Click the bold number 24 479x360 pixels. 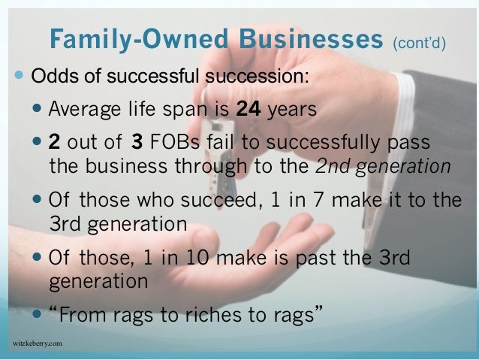(x=248, y=109)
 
